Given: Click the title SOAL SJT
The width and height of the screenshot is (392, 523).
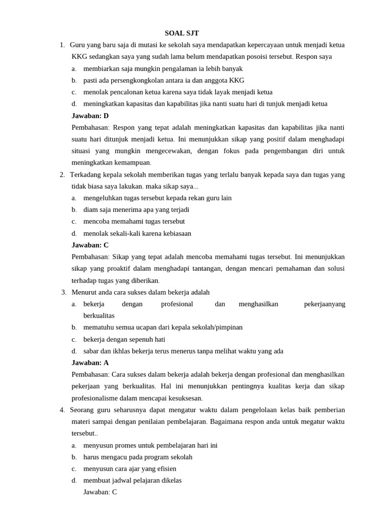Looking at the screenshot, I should pos(182,33).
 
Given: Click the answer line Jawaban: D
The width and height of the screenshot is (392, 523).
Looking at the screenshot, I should pos(90,115).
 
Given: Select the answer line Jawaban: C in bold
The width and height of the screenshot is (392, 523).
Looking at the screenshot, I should pos(90,245).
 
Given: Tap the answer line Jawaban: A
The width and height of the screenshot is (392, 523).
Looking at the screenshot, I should pos(90,363).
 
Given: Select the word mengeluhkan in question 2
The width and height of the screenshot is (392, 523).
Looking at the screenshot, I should pos(103,198).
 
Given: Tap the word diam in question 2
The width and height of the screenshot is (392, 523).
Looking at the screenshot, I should pos(90,209).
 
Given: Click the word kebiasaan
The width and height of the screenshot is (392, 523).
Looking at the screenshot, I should pos(174,233).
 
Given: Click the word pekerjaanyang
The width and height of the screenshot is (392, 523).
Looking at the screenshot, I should pos(325,304).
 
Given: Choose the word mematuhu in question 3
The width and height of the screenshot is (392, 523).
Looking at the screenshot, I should pos(97,327).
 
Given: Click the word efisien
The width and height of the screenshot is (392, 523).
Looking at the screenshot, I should pos(165,468).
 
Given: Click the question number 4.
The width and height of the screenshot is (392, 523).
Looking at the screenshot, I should pos(62,410).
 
